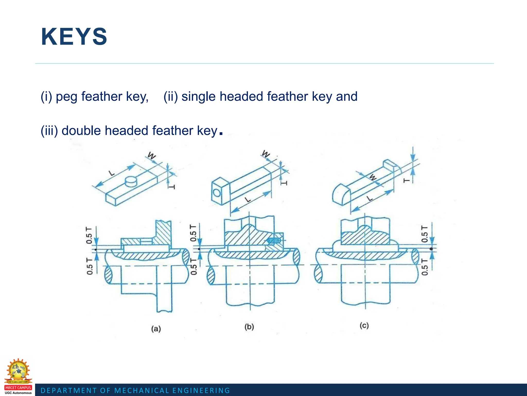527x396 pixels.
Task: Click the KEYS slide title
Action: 74,37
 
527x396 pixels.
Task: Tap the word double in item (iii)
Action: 81,130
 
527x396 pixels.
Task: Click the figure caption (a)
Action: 156,329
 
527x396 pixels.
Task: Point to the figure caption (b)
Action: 249,327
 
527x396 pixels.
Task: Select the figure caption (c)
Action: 364,326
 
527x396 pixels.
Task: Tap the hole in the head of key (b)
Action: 217,193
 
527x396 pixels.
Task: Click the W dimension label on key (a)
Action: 152,156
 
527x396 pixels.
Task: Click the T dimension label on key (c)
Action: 406,180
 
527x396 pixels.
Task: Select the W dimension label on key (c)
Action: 373,177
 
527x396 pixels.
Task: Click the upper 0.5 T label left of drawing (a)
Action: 89,235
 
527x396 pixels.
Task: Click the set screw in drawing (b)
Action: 274,241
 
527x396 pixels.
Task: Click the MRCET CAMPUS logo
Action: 18,376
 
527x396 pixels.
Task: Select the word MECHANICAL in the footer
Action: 142,391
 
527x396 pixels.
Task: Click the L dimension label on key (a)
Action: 112,173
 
